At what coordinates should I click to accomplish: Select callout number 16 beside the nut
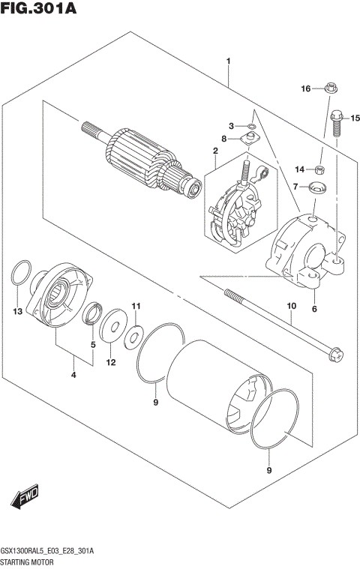[306, 89]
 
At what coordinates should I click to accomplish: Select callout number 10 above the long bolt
[291, 306]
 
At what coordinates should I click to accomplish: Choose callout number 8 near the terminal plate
[224, 139]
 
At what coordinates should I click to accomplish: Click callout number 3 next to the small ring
[232, 125]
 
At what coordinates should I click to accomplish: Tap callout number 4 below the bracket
[73, 375]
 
